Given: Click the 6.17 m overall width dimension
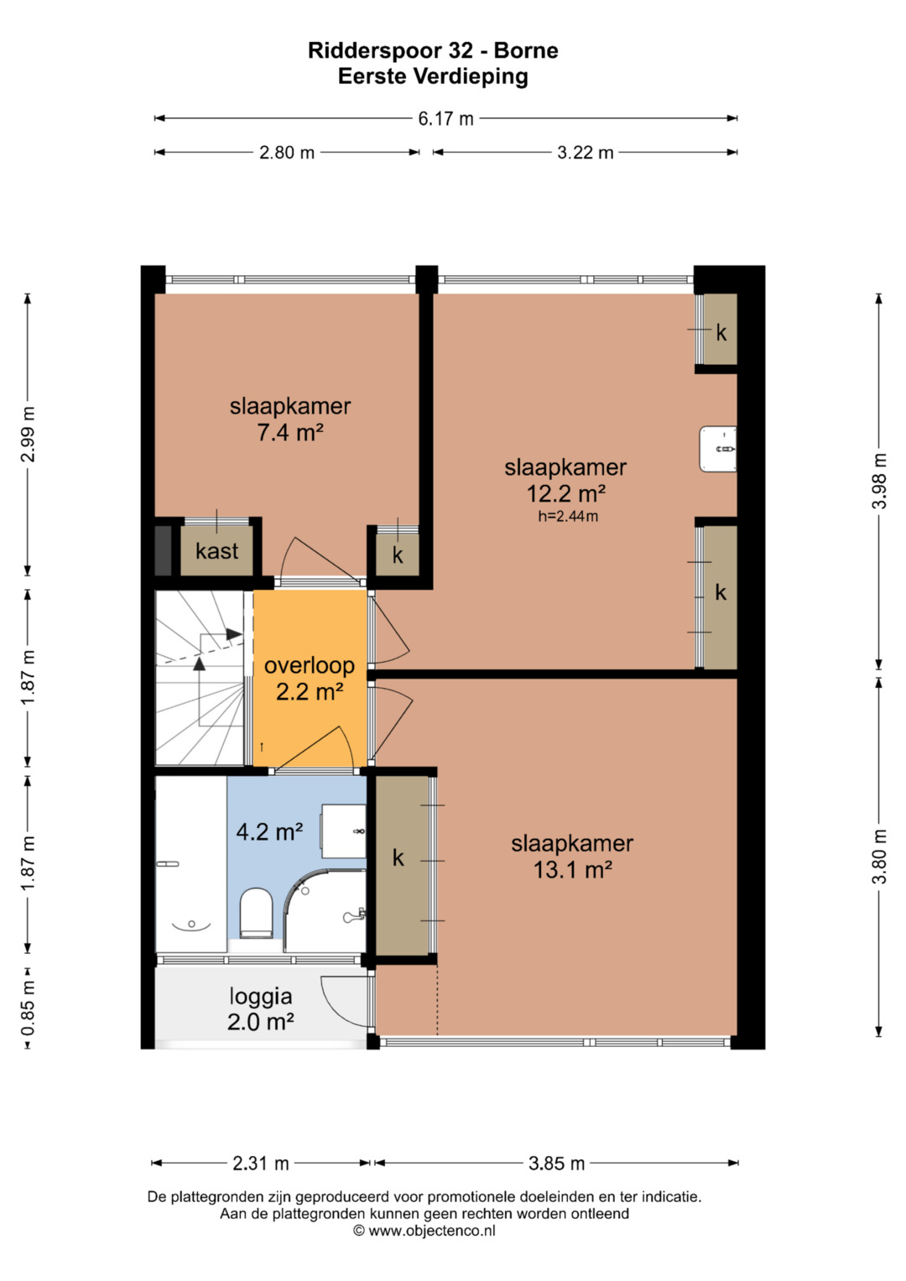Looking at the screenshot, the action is coord(445,118).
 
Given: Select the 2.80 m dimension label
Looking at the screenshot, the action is coord(287,153).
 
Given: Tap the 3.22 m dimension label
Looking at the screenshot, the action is coord(586,153).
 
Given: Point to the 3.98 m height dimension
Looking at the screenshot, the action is coord(879,481).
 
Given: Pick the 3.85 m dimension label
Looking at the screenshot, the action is coord(556,1164).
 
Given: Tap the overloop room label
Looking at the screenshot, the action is coord(310,665).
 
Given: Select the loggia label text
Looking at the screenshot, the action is coord(261,997).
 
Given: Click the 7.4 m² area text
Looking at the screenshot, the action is coord(290,432).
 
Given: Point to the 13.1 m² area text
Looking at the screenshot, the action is coord(572,870).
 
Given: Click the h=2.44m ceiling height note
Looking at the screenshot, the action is coord(568,517).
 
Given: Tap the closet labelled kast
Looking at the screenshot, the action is coord(216,549).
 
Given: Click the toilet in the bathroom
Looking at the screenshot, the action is coord(256,913).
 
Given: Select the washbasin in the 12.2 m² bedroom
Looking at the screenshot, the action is coord(717,449).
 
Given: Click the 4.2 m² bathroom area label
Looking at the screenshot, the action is coord(269,831).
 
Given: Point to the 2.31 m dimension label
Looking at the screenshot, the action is coord(261,1164).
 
